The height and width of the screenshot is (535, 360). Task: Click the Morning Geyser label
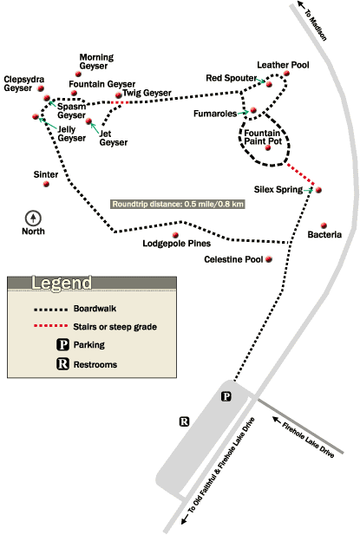click(x=95, y=59)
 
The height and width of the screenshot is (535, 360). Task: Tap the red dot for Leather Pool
click(x=285, y=74)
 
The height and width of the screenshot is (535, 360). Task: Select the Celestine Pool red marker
click(x=270, y=259)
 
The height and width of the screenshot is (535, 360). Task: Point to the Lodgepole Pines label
click(x=177, y=244)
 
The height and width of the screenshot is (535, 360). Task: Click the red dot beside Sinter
click(x=47, y=183)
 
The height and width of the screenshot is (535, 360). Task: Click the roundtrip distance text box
click(x=177, y=205)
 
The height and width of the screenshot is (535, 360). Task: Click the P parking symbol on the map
click(x=226, y=396)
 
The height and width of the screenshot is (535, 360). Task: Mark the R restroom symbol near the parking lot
click(x=184, y=422)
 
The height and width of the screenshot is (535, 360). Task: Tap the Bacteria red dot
click(x=324, y=222)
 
